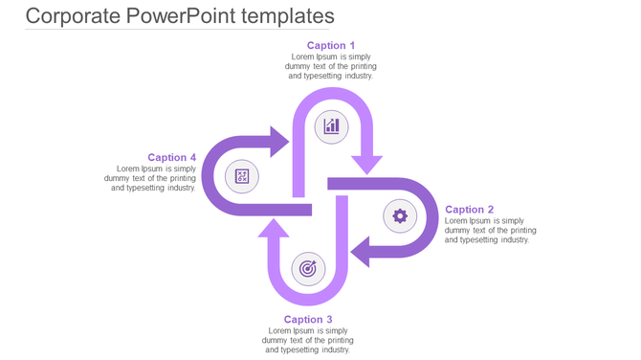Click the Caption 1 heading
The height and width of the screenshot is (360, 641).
(331, 45)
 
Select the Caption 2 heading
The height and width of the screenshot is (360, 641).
(470, 209)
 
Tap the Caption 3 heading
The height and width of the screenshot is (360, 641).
(308, 320)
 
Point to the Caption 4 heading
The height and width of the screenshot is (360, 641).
(172, 157)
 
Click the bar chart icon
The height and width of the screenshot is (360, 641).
(331, 125)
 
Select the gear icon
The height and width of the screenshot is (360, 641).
(400, 216)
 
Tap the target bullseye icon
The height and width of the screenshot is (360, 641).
(307, 269)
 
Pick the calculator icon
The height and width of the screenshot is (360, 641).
(242, 176)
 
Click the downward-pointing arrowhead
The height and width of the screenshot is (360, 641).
(366, 164)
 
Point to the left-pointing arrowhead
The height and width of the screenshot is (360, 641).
(361, 253)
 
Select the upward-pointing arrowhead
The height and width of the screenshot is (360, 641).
(274, 229)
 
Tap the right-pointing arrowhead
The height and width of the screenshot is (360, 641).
(279, 142)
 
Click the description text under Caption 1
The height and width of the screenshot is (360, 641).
(331, 66)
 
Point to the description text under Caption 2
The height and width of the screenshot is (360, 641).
(491, 230)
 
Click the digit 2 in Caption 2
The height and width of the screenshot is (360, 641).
(490, 209)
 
